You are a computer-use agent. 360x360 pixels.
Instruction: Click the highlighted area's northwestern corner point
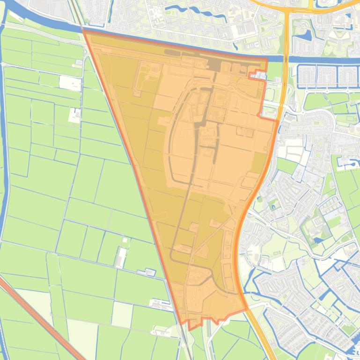pos(83,30)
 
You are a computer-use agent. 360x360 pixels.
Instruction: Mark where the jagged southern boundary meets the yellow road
pos(246,309)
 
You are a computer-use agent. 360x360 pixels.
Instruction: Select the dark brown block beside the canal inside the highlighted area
pos(215,65)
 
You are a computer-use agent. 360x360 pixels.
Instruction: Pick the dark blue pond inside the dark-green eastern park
pos(319,240)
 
